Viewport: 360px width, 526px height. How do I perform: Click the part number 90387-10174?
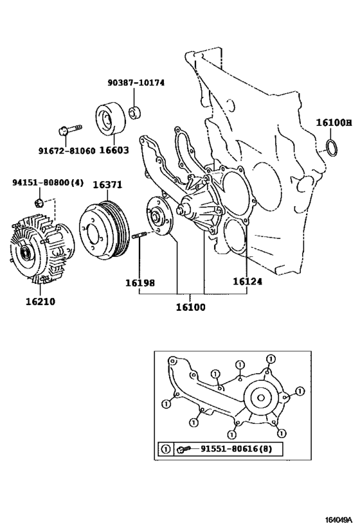point(136,82)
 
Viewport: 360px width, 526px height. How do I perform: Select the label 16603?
point(114,150)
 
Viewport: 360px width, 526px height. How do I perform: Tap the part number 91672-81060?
point(66,151)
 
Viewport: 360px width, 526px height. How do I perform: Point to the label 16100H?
point(334,123)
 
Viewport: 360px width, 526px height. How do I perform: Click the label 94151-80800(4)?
point(48,182)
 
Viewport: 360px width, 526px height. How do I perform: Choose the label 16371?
point(107,184)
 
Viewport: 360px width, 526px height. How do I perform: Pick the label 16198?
point(140,283)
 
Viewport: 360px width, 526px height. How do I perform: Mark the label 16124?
point(248,281)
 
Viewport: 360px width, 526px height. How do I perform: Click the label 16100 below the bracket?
point(190,307)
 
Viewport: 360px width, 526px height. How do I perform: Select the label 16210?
point(40,301)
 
